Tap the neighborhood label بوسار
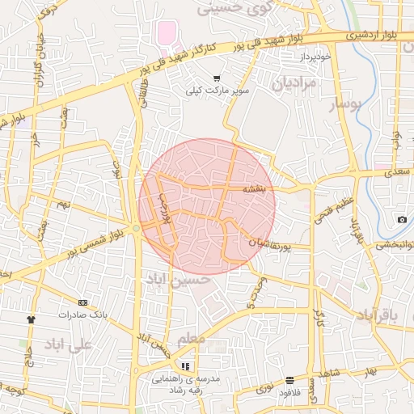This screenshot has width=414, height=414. click(x=349, y=104)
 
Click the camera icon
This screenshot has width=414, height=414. click(x=402, y=220)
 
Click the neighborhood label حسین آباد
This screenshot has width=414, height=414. click(x=179, y=280)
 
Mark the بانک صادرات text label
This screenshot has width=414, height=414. click(x=84, y=314)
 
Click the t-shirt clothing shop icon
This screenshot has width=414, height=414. click(x=32, y=319)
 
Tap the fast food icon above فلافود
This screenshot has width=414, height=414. click(x=289, y=380)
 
